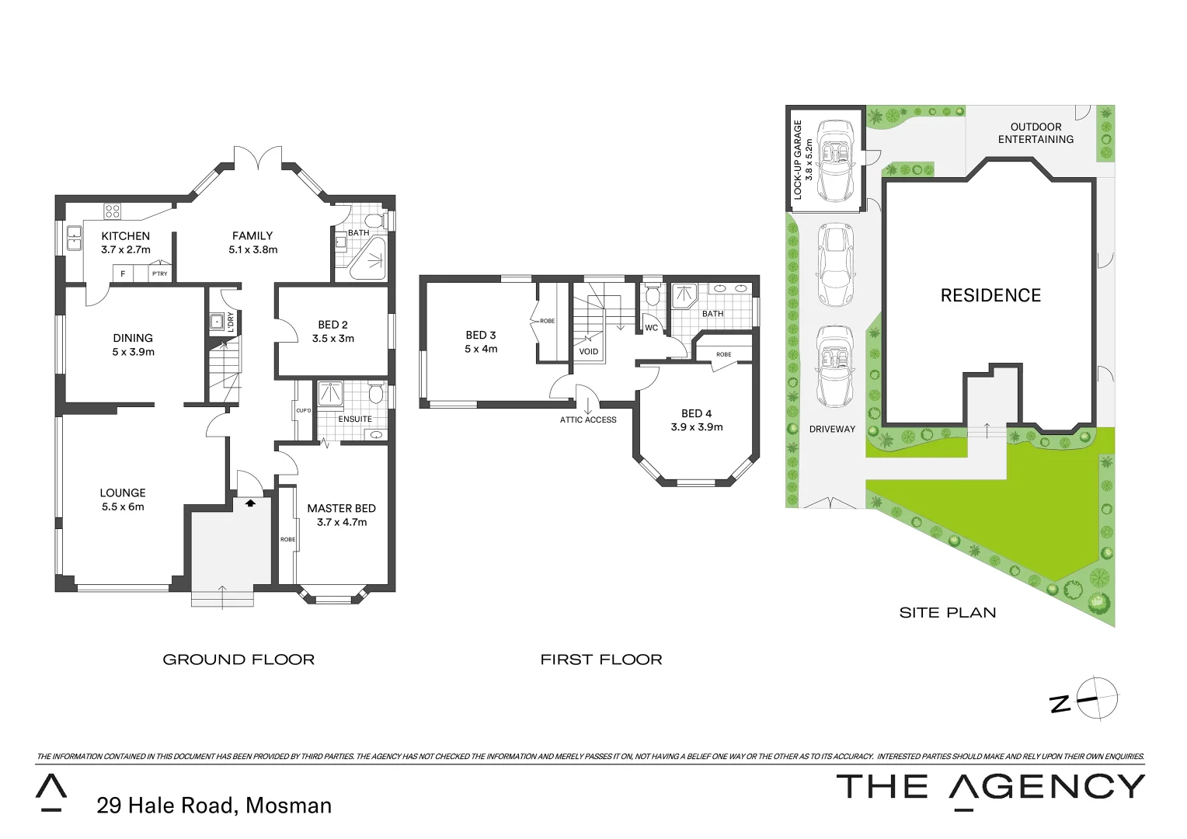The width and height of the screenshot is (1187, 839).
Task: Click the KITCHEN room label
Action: point(125,236)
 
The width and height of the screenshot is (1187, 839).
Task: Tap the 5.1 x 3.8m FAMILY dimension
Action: point(252,250)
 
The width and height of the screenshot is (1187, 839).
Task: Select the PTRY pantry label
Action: point(159,273)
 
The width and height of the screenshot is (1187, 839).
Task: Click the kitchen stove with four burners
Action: point(113,211)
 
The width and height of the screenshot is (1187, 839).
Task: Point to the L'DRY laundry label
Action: point(231,322)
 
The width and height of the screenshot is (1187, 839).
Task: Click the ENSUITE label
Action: point(355,419)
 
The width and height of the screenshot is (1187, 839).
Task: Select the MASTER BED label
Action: point(341,508)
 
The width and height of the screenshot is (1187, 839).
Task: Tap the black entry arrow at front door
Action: point(250,503)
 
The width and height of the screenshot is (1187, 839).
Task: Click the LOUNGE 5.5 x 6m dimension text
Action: point(123,507)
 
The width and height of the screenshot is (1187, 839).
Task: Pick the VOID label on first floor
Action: point(589,352)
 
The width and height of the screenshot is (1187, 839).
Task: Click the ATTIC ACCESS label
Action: point(588,420)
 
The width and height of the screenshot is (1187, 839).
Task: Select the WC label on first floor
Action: point(651,328)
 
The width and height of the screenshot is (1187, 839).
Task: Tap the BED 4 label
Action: point(696,413)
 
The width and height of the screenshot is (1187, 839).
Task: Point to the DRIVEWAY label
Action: point(832,429)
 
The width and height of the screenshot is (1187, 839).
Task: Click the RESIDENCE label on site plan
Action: point(990,296)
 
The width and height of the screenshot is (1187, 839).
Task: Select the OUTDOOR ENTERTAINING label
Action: point(1036,133)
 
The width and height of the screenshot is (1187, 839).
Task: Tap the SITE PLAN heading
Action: point(947,613)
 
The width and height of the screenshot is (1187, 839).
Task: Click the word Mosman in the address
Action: point(288,806)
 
